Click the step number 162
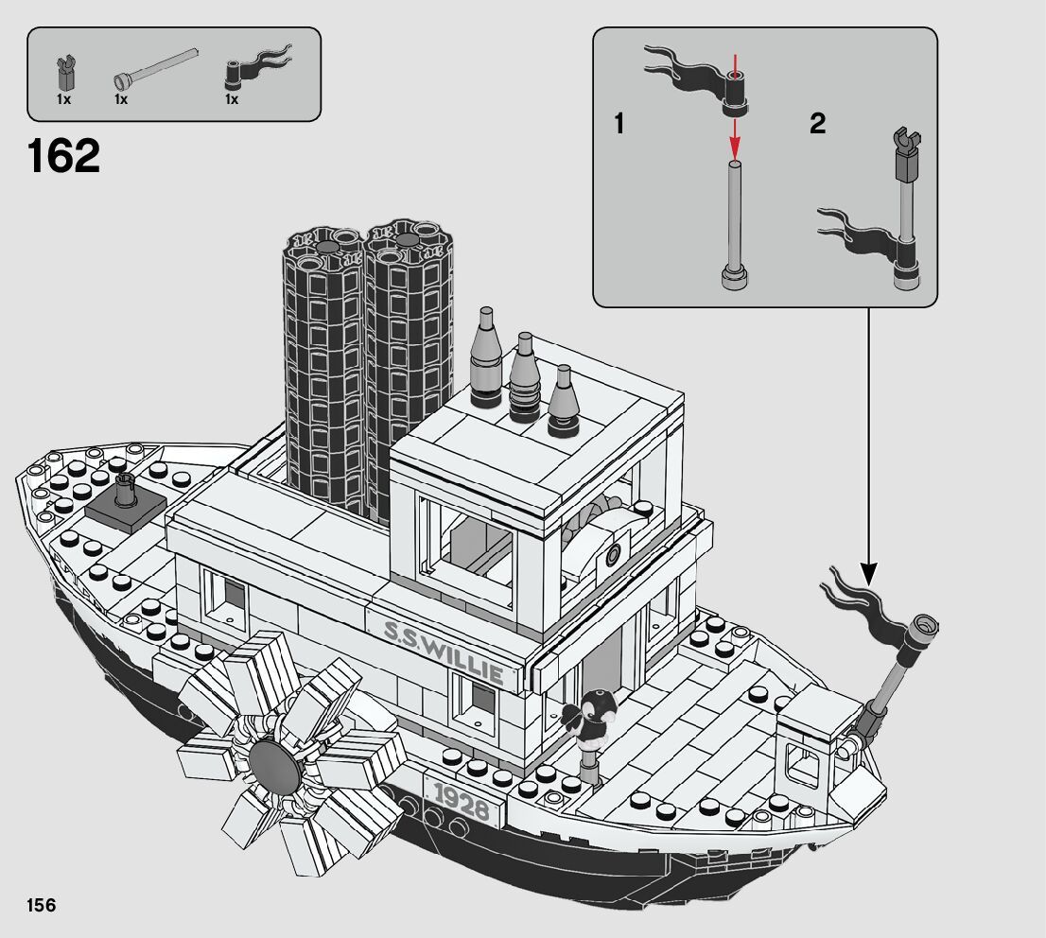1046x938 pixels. click(63, 156)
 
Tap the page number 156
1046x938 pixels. click(41, 905)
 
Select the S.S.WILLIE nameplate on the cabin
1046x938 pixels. click(444, 650)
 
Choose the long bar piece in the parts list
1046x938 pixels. click(157, 66)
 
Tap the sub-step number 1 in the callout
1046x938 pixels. click(619, 124)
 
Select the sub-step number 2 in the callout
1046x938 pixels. click(817, 124)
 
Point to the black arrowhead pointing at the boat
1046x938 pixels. click(868, 572)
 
